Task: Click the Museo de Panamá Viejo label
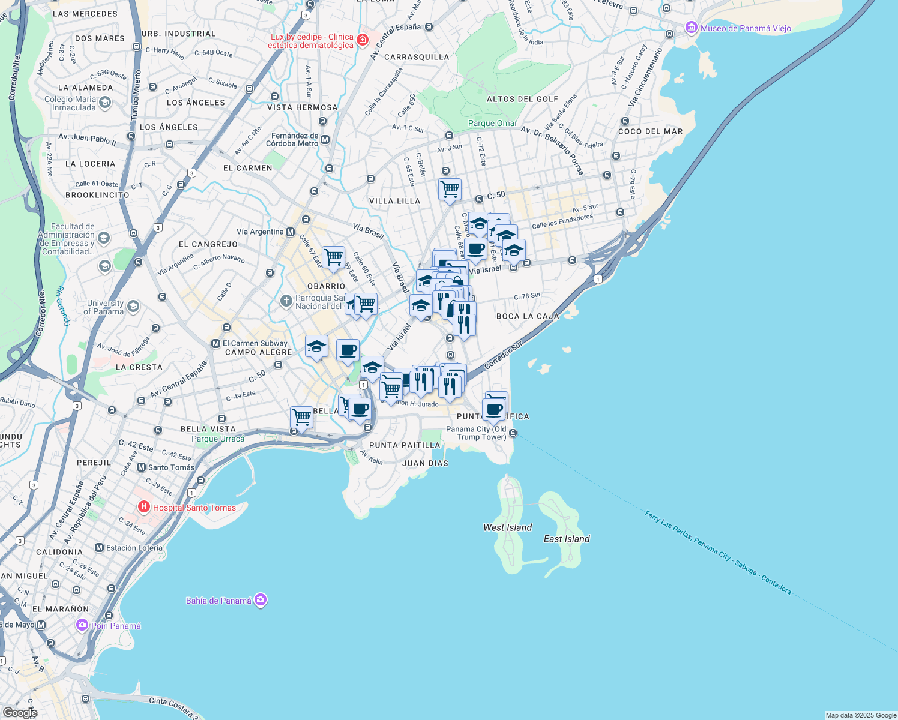click(746, 28)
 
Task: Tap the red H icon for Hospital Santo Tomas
click(144, 507)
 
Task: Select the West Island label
click(508, 527)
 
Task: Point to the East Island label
click(567, 539)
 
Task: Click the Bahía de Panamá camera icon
click(261, 600)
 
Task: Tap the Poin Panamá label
click(116, 626)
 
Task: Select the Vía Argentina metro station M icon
click(291, 232)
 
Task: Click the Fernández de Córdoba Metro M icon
click(325, 140)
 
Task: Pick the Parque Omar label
click(492, 123)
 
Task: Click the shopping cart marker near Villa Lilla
click(450, 190)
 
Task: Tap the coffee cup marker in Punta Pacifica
click(493, 410)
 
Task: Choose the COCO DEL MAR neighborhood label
click(651, 131)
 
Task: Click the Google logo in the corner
click(20, 712)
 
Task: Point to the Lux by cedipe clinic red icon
click(362, 40)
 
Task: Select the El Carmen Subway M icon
click(215, 343)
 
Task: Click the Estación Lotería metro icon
click(100, 548)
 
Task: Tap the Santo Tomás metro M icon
click(142, 467)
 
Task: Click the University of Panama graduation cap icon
click(133, 307)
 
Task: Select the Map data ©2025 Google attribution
click(861, 715)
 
